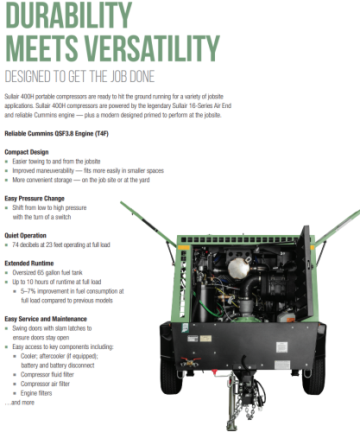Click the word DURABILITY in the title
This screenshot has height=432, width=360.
[x=68, y=15]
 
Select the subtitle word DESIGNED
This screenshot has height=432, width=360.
[x=27, y=77]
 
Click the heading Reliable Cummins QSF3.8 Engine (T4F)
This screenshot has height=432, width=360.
[x=56, y=134]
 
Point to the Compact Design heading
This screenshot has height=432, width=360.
[x=27, y=152]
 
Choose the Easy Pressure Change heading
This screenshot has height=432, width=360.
[x=35, y=199]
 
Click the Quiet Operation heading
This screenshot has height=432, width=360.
[x=25, y=236]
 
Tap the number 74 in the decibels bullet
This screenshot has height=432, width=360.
[x=16, y=245]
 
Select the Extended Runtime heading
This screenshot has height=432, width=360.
[x=29, y=264]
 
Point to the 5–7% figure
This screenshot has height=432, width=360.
[x=28, y=291]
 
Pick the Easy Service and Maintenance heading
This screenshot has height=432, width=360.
[x=46, y=319]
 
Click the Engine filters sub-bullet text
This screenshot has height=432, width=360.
[x=36, y=393]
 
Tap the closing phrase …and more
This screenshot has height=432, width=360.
[x=20, y=403]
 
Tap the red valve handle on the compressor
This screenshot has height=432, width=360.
[x=190, y=361]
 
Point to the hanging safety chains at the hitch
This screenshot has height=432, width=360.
[x=243, y=408]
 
